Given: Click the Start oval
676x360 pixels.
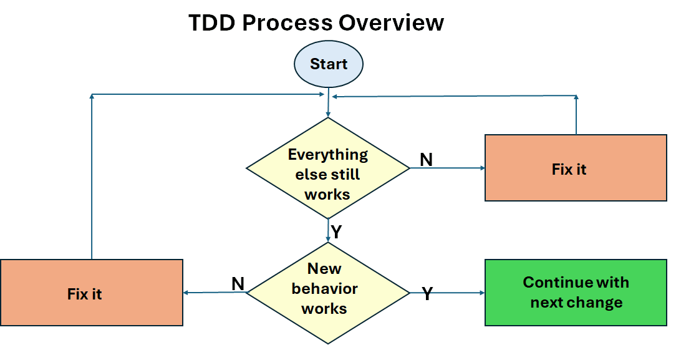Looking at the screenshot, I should (x=329, y=64).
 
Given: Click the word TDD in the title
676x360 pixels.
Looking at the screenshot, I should (x=211, y=23).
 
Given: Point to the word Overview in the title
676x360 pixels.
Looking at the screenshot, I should (x=391, y=23).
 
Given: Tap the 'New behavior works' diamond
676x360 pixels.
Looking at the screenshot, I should (x=328, y=293).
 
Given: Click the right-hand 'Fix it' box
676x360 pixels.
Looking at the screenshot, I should (x=576, y=168).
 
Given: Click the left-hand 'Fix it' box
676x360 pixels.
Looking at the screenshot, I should (x=91, y=293).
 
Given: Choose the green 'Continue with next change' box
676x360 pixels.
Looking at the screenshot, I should (x=576, y=293).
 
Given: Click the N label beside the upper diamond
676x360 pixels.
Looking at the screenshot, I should (x=426, y=160).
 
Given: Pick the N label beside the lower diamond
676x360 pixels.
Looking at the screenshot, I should (x=238, y=284).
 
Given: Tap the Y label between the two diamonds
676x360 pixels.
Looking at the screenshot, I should (x=336, y=233).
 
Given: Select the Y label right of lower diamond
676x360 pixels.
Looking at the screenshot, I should (x=427, y=294).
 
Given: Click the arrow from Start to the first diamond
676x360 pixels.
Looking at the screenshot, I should (x=329, y=103).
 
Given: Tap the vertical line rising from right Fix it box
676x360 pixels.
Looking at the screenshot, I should (x=576, y=115).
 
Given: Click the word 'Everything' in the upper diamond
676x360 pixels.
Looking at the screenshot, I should (x=328, y=154).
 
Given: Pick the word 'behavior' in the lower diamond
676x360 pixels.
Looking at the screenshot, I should (x=324, y=289).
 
